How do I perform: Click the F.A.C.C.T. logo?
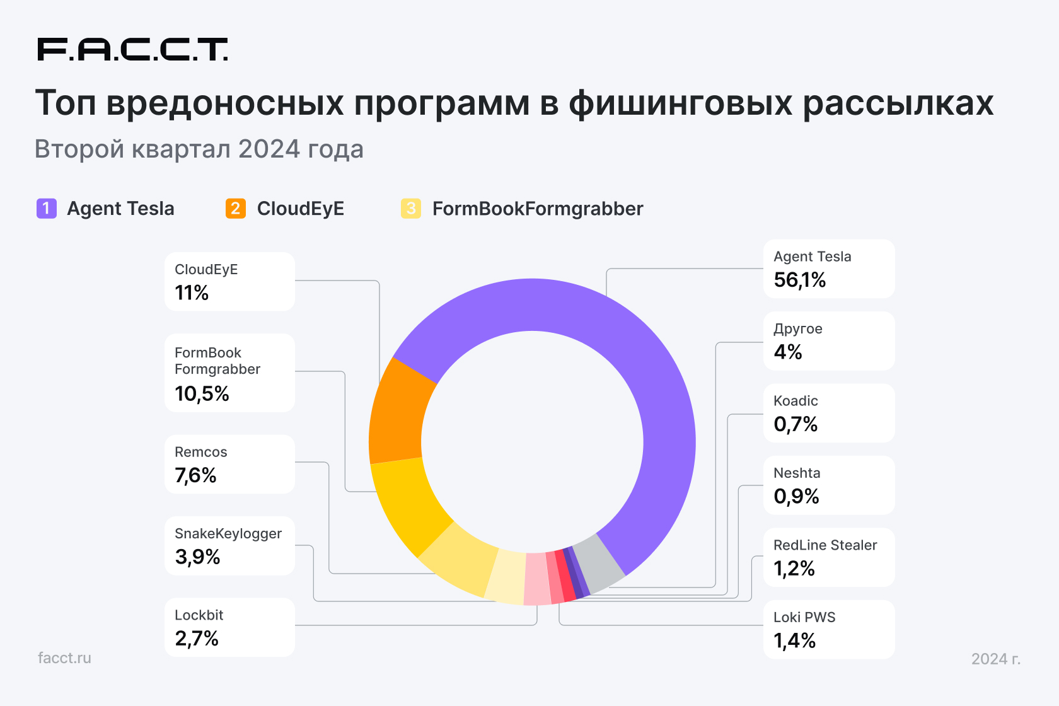pos(132,49)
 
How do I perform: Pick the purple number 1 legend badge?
pos(47,208)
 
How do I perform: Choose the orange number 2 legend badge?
pos(236,208)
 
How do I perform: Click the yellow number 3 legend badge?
pos(411,208)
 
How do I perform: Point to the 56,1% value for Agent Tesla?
pos(800,280)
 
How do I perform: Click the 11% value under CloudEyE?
pos(192,292)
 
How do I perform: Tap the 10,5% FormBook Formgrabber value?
pos(202,393)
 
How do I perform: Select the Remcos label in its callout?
pos(200,452)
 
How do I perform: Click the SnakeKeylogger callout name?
pos(228,533)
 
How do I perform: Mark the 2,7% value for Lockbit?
pos(197,639)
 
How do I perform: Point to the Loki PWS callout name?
pos(804,617)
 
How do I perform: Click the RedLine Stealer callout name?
pos(825,545)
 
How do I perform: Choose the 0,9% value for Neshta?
pos(796,497)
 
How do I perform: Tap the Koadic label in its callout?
pos(796,401)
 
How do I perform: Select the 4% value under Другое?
pos(788,352)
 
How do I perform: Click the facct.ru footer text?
pos(64,657)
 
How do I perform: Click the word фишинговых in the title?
pos(680,103)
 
